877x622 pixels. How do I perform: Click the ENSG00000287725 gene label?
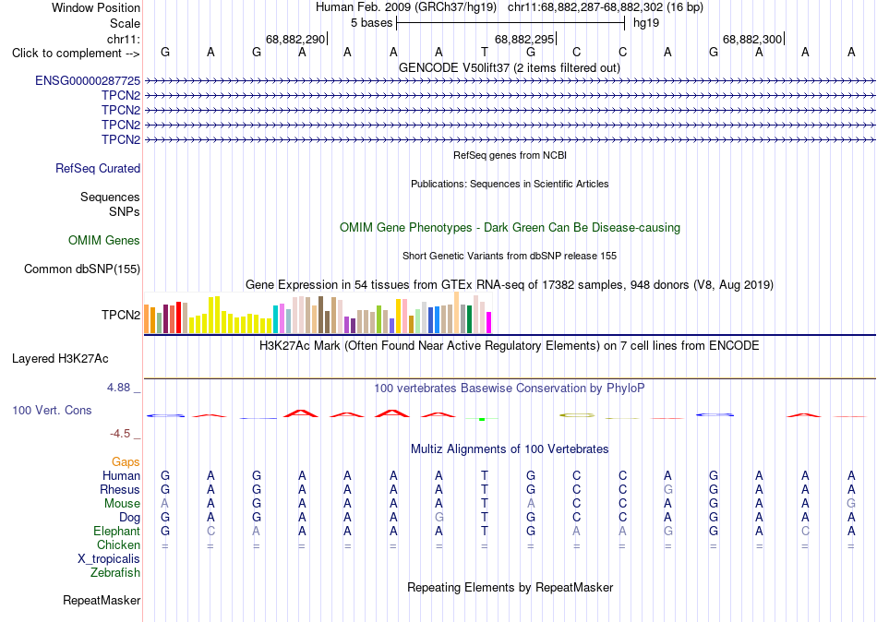point(88,80)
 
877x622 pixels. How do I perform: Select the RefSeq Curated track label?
point(98,168)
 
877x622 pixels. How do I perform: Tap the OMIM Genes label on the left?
point(104,240)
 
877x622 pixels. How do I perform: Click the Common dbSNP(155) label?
point(82,269)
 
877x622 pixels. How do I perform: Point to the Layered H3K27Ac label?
point(60,359)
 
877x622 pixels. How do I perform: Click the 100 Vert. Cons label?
point(52,410)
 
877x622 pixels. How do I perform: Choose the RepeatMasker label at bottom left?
point(102,600)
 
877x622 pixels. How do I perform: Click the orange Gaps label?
point(126,461)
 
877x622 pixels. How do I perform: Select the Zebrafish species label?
point(115,572)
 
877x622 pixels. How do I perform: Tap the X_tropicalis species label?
point(109,559)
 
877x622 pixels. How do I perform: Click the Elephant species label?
point(117,531)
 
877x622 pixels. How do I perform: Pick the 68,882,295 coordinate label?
point(524,39)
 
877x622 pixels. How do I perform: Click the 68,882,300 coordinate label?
point(752,39)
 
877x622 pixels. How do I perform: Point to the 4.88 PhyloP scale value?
point(118,387)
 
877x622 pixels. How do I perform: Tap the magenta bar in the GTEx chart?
point(489,323)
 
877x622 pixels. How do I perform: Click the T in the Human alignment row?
point(485,475)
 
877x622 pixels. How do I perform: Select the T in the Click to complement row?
point(485,52)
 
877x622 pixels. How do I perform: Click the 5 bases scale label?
point(371,23)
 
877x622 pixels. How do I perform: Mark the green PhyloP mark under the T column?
point(482,419)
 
